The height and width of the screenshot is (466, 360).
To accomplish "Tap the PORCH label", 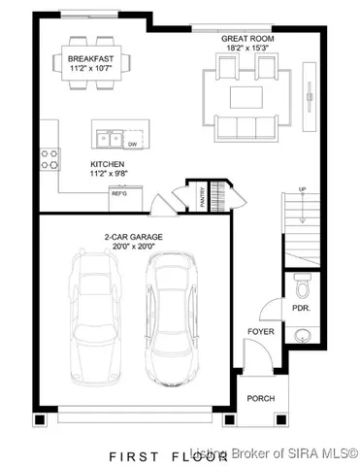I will point(260,398).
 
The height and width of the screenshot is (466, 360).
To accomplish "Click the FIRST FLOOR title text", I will point(155,453).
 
